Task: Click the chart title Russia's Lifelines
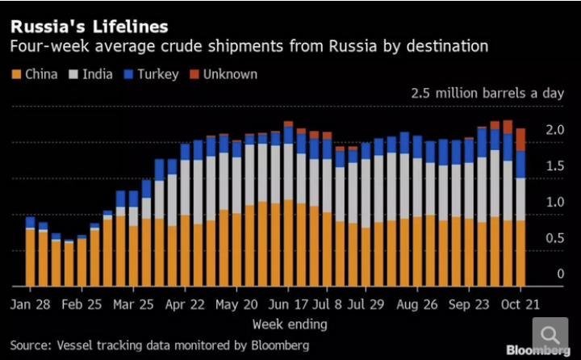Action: click(x=90, y=27)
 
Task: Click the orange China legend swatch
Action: click(x=16, y=74)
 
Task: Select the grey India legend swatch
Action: click(x=73, y=74)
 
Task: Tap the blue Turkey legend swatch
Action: click(x=128, y=74)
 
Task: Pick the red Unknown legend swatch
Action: click(x=194, y=74)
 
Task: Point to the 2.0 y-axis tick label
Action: click(x=554, y=130)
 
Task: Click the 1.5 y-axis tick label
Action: click(x=554, y=165)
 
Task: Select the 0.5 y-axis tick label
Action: click(x=554, y=237)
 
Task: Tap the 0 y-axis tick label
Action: click(x=560, y=274)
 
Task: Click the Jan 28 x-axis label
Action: click(x=30, y=304)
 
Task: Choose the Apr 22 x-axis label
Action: click(x=185, y=304)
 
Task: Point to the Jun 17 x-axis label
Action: click(x=288, y=304)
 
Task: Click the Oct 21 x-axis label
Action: click(x=520, y=304)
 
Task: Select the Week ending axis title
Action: click(x=290, y=324)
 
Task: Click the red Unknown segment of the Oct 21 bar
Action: click(x=520, y=140)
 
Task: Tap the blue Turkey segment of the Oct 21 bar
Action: click(x=520, y=165)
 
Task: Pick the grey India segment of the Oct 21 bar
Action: click(x=520, y=199)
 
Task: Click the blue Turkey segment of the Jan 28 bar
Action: click(x=31, y=222)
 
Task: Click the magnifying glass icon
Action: click(x=550, y=335)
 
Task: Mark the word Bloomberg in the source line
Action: click(x=280, y=345)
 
